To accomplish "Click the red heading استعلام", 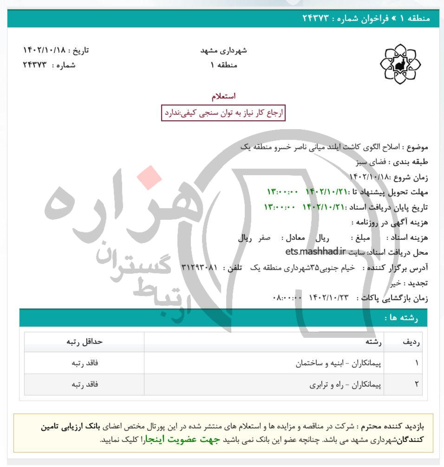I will [x=223, y=96].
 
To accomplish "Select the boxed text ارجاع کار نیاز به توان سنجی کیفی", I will [x=223, y=112].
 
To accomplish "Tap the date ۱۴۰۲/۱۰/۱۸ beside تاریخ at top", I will [x=45, y=50].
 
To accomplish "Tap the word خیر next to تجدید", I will [x=395, y=283].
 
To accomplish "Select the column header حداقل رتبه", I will [x=85, y=342].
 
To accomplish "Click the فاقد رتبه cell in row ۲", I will [x=85, y=385].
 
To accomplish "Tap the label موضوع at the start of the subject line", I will [x=418, y=147].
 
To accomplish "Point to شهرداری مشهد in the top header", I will [x=223, y=50].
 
